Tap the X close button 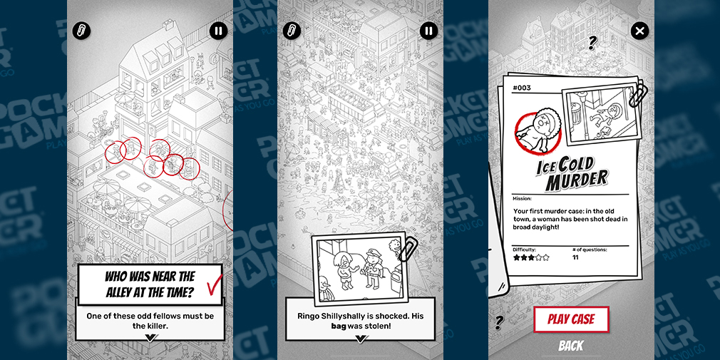pyautogui.click(x=639, y=31)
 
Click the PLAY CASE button pyautogui.click(x=571, y=319)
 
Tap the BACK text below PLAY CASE pyautogui.click(x=571, y=346)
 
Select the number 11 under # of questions pyautogui.click(x=575, y=257)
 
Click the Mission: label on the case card pyautogui.click(x=522, y=199)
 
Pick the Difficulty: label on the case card pyautogui.click(x=525, y=250)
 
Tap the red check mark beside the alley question pyautogui.click(x=215, y=284)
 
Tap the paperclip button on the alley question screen pyautogui.click(x=82, y=31)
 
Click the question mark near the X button pyautogui.click(x=592, y=43)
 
